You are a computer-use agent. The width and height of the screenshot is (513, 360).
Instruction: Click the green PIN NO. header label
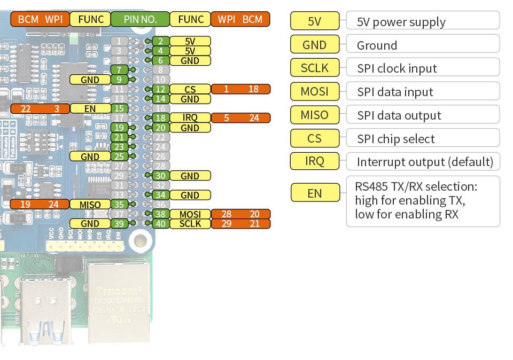[140, 20]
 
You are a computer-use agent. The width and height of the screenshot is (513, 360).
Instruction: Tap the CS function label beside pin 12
[190, 89]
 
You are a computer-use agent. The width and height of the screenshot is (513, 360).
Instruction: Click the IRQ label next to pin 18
[190, 118]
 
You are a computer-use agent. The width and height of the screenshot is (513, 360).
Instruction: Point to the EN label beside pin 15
[90, 108]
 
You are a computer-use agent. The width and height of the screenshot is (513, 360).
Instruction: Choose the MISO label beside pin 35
[90, 205]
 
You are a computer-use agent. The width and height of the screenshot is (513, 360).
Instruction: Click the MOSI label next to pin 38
[190, 214]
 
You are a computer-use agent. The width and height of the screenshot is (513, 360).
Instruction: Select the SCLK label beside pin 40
[190, 224]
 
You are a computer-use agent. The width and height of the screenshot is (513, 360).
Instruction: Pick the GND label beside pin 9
[90, 80]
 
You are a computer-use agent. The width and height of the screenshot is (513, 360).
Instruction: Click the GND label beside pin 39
[90, 224]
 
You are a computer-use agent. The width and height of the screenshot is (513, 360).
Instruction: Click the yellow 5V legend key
[314, 21]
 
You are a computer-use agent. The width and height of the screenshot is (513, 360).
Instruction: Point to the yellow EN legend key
[314, 193]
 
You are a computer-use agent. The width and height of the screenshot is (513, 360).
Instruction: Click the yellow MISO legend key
[314, 115]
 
